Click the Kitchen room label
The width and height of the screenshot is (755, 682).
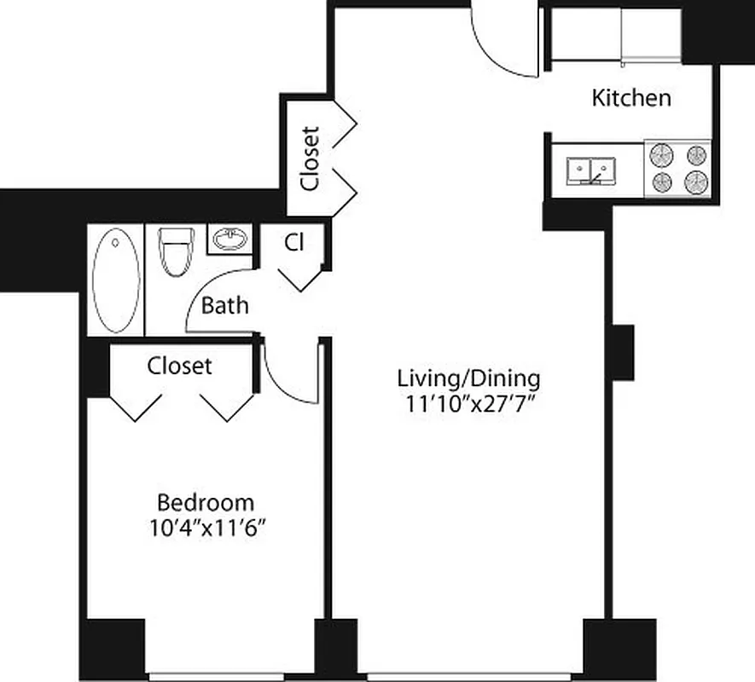coord(631,97)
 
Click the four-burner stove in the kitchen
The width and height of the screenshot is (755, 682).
coord(678,169)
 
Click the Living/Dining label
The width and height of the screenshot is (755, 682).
coord(468,378)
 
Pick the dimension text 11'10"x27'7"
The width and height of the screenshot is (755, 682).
coord(468,403)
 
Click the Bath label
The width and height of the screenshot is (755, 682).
coord(225,305)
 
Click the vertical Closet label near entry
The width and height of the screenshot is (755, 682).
coord(311,159)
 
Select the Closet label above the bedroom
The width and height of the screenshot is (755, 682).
coord(179,367)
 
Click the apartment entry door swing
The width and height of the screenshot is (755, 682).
coord(507,43)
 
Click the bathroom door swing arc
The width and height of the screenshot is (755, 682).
coord(218,294)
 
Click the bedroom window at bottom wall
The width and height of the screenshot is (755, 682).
coord(230,677)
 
